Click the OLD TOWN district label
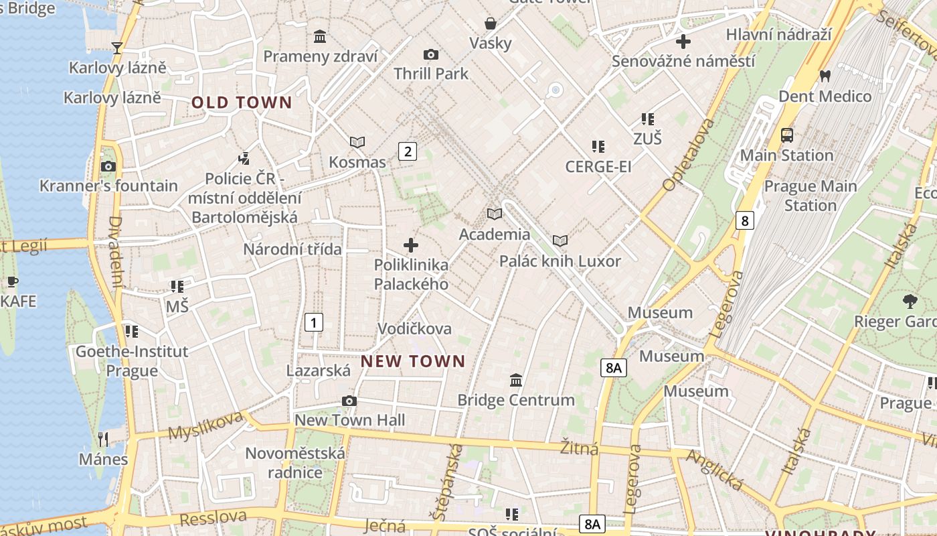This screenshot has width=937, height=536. click(x=242, y=103)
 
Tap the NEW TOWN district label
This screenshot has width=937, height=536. click(x=413, y=361)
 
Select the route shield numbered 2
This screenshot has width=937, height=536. click(x=408, y=151)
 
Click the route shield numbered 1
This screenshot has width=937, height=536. click(x=313, y=322)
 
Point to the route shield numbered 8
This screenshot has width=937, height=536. click(x=744, y=220)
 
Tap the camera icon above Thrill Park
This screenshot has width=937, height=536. click(x=431, y=54)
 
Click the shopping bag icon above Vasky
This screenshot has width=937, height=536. click(x=491, y=23)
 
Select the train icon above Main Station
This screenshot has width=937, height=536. click(x=787, y=135)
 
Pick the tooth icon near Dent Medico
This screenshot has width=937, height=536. click(x=825, y=76)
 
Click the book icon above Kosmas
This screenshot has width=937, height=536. click(x=357, y=142)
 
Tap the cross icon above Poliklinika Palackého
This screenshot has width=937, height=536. click(x=411, y=245)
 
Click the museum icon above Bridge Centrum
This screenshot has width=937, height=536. click(x=516, y=380)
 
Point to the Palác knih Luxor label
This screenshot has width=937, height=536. click(x=560, y=261)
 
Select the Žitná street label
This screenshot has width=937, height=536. click(x=580, y=448)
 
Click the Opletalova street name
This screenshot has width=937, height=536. click(x=688, y=155)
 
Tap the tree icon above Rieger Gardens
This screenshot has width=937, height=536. click(x=910, y=301)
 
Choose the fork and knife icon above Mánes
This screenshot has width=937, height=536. click(x=103, y=440)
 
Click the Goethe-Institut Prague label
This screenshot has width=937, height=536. click(x=132, y=360)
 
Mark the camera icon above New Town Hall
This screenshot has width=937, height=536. click(x=349, y=401)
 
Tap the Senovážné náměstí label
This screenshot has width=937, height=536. click(x=683, y=61)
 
